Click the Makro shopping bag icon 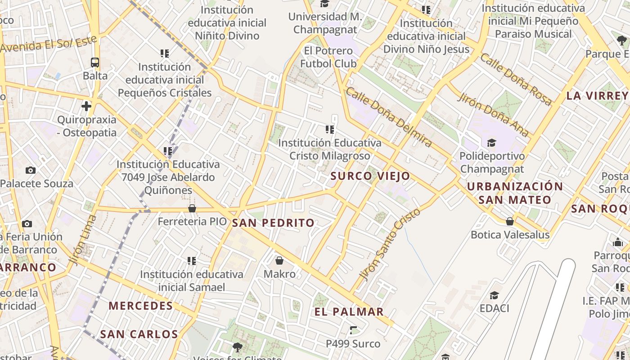coord(279,261)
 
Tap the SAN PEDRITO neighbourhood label coord(273,223)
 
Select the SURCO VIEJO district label coord(370,176)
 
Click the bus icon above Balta coord(95,63)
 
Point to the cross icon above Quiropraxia coord(86,106)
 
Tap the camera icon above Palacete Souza coord(31,170)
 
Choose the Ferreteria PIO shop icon coord(192,208)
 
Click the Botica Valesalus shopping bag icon coord(510,221)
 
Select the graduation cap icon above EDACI coord(494,295)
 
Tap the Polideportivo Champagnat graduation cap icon coord(491,143)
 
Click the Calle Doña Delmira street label coord(389,117)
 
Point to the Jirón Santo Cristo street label coord(391,243)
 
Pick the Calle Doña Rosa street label coord(516,79)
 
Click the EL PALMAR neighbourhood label coord(349,312)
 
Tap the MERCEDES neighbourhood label coord(141,306)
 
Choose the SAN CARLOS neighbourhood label coord(139,334)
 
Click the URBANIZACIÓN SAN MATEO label coord(515,193)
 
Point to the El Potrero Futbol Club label coord(328,57)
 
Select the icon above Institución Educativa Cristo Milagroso coord(330,130)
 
